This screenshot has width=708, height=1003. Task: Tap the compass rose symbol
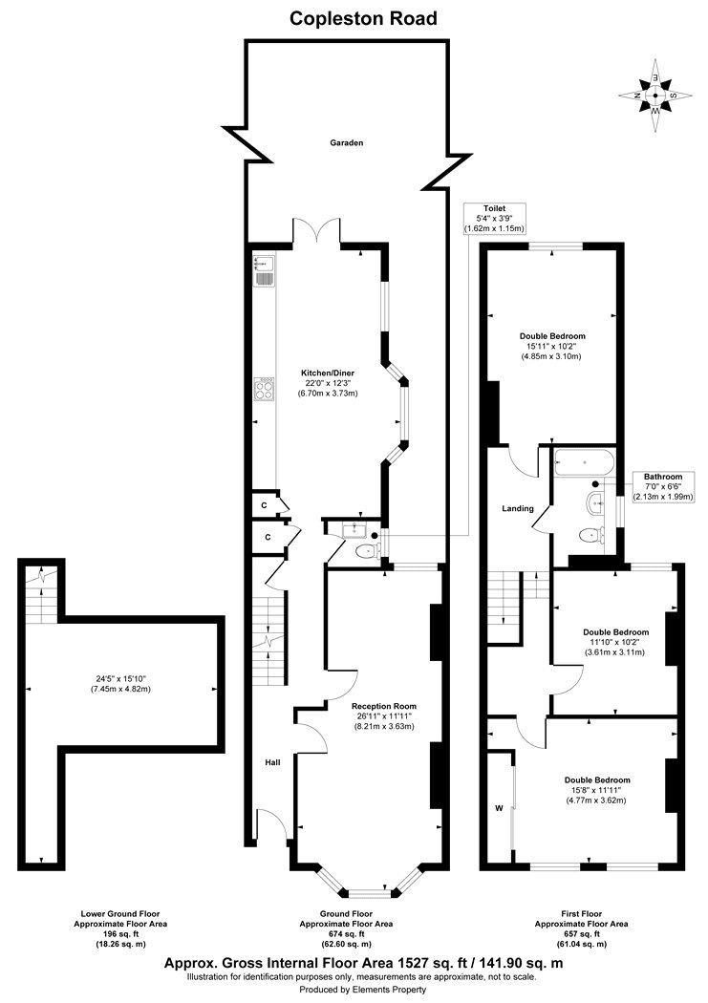click(x=655, y=95)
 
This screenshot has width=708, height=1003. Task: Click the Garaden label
click(x=347, y=142)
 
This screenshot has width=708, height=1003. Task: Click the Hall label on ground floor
click(x=273, y=762)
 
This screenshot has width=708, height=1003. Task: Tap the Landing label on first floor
click(x=518, y=508)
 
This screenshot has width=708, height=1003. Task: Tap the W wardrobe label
click(x=499, y=808)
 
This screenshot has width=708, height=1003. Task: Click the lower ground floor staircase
click(x=42, y=592)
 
